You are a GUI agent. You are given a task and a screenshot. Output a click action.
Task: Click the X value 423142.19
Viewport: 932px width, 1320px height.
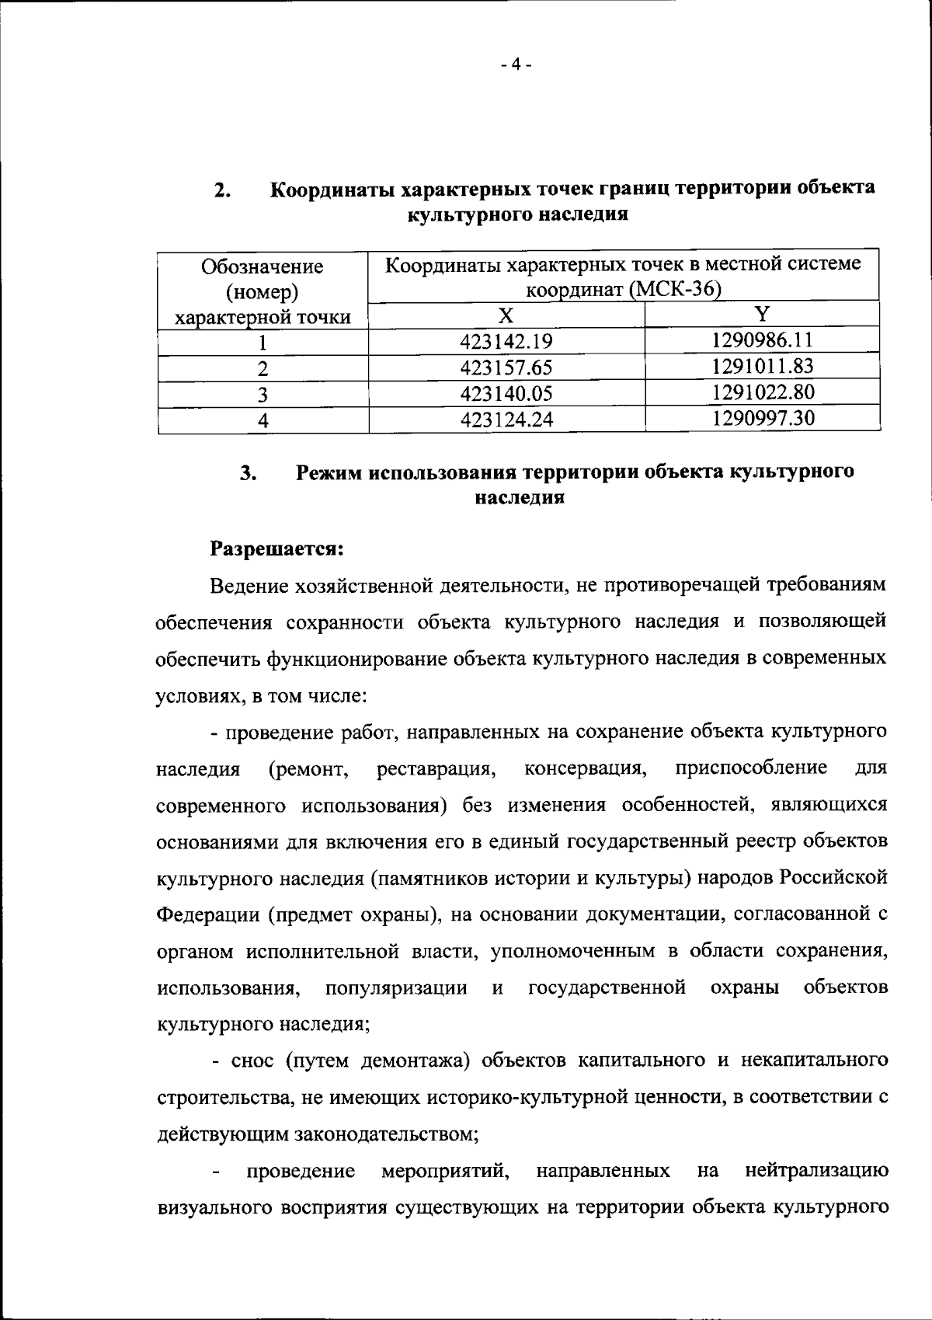[506, 342]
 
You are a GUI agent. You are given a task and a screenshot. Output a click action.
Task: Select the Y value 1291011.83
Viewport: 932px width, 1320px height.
[762, 365]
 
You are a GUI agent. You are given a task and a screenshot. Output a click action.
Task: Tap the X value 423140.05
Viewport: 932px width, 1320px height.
[506, 394]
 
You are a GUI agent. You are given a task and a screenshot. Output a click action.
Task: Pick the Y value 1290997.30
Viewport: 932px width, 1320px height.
[762, 418]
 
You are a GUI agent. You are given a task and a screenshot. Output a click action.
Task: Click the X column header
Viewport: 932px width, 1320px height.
[506, 315]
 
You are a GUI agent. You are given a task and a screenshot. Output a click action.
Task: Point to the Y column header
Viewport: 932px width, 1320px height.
[763, 313]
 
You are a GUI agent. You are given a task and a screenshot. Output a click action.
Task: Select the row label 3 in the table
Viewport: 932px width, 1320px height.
[263, 395]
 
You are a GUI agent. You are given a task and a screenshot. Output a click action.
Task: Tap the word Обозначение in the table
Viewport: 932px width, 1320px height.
[263, 266]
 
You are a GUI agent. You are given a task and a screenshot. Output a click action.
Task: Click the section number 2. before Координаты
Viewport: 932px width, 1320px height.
[221, 190]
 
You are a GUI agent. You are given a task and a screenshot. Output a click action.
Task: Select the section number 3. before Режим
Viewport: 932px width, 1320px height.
[249, 473]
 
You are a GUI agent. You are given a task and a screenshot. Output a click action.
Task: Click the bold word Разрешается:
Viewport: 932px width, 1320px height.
[277, 548]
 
